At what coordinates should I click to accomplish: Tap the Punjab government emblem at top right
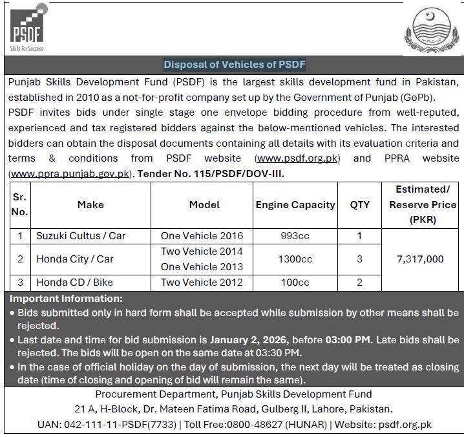click(x=432, y=30)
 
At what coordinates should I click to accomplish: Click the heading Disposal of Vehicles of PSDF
click(x=234, y=65)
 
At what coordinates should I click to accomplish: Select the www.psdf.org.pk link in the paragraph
click(x=298, y=158)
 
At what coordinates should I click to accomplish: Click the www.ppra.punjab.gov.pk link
click(x=70, y=174)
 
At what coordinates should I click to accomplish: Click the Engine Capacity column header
click(x=295, y=205)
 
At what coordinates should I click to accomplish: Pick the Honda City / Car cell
click(x=75, y=259)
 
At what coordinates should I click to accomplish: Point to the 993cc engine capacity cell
click(x=295, y=236)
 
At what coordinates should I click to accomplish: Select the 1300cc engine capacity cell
click(x=295, y=259)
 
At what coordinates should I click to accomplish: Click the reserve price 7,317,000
click(x=420, y=259)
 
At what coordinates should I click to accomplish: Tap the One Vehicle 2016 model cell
click(x=202, y=236)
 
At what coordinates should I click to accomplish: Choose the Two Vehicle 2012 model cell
click(x=202, y=282)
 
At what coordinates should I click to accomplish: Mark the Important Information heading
click(x=67, y=299)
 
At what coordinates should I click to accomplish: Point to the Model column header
click(x=204, y=205)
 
